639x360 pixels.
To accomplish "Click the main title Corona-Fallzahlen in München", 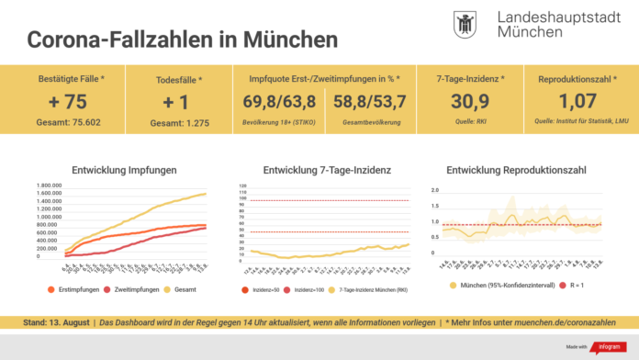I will [182, 40].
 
